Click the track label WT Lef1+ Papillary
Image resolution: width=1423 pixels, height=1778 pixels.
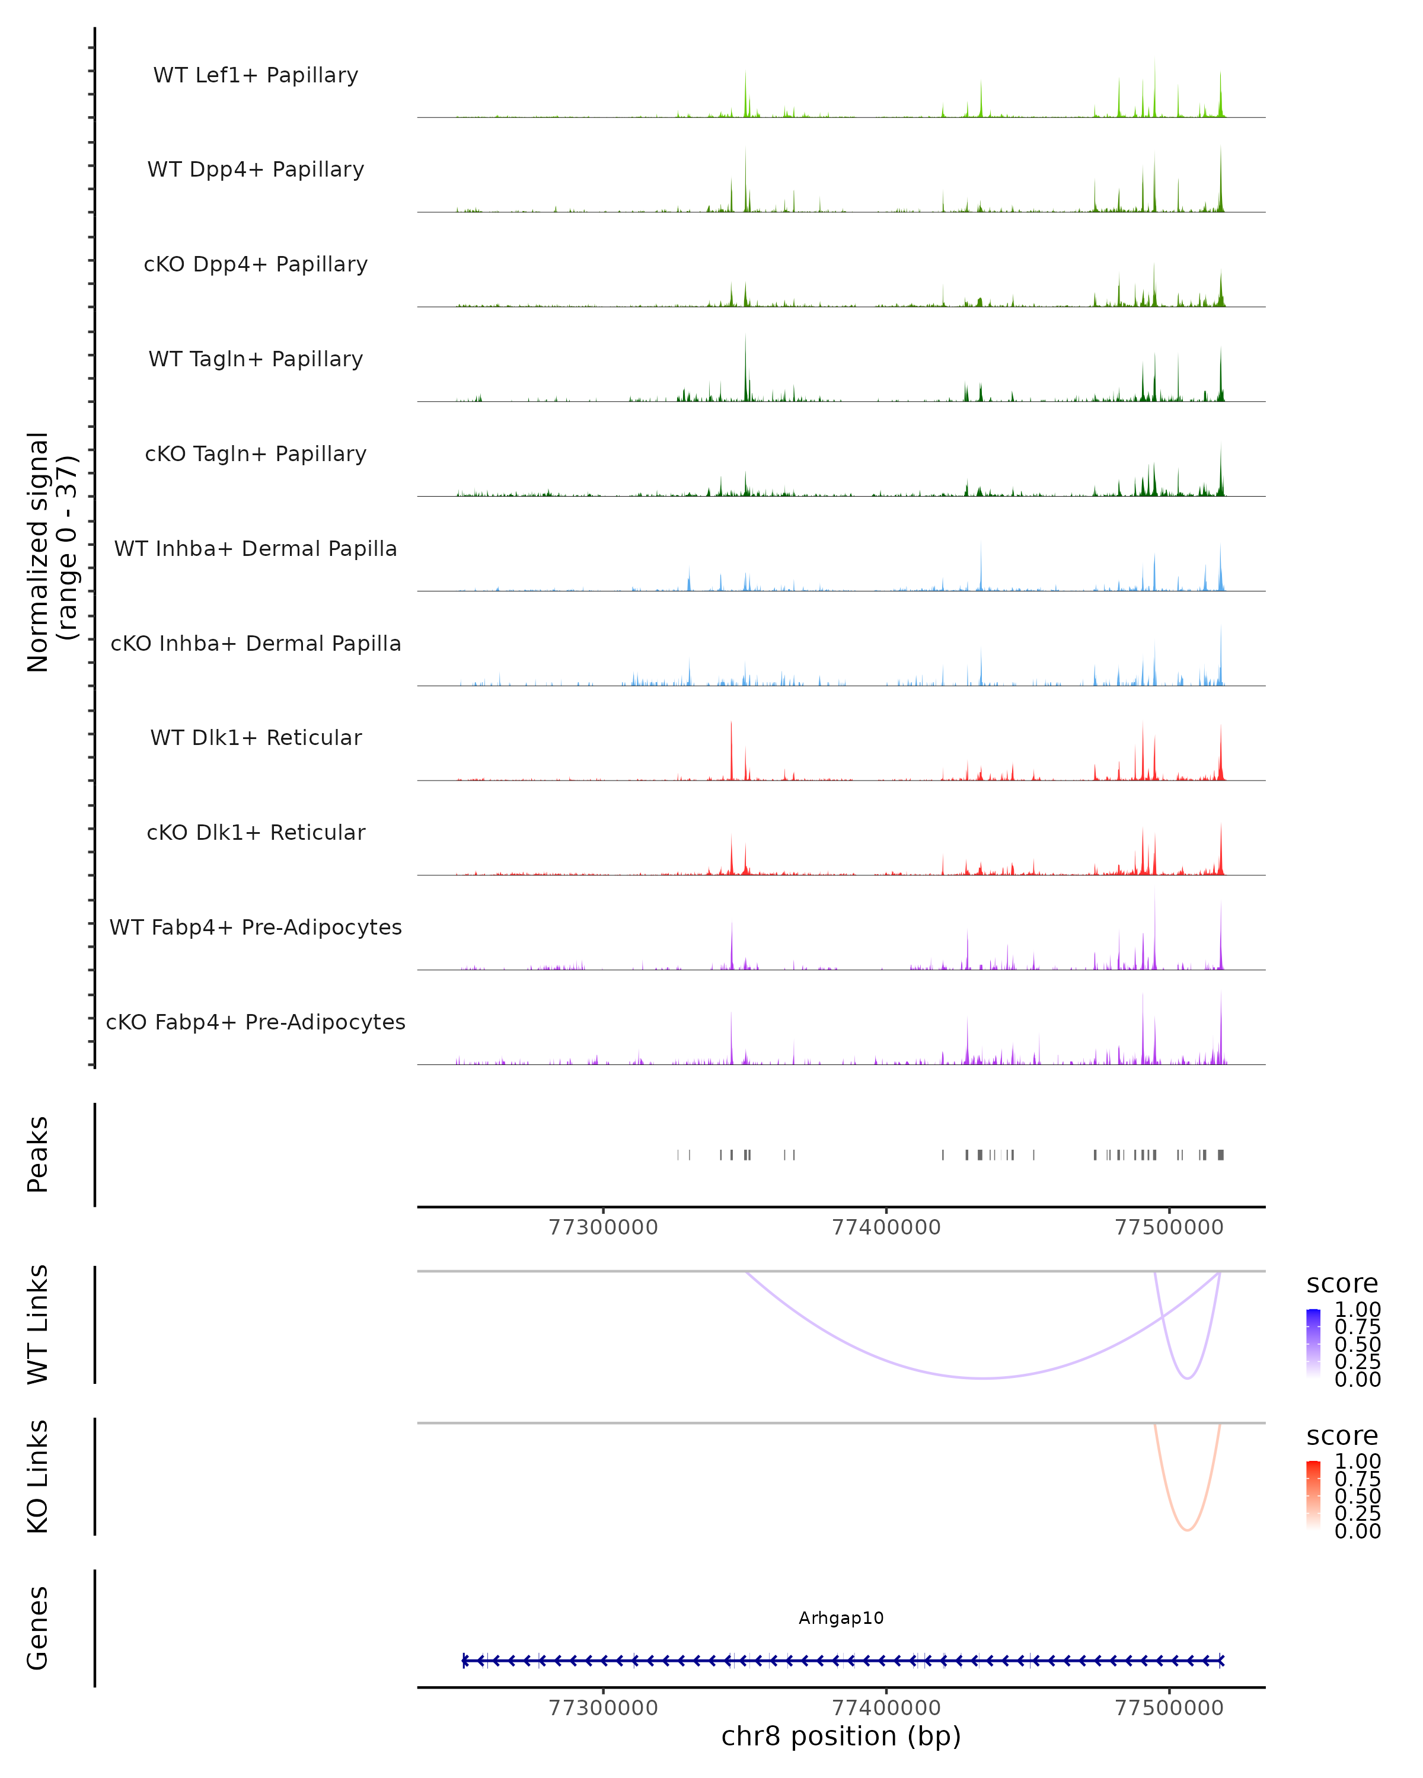pyautogui.click(x=256, y=75)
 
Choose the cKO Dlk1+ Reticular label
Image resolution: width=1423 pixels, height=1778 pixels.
pyautogui.click(x=256, y=832)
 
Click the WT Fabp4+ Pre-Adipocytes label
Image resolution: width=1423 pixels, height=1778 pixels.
pyautogui.click(x=256, y=927)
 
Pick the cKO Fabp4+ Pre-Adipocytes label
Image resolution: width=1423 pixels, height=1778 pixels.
pyautogui.click(x=256, y=1022)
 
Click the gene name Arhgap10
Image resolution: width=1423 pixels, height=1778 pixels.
pyautogui.click(x=841, y=1617)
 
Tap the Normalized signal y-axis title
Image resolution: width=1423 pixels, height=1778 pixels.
pyautogui.click(x=51, y=552)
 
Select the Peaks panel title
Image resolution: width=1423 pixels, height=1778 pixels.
pyautogui.click(x=38, y=1154)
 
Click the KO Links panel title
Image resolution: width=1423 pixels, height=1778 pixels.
pyautogui.click(x=38, y=1476)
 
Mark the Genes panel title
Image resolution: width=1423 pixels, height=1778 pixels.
pyautogui.click(x=38, y=1628)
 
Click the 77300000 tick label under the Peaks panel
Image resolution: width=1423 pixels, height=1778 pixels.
pyautogui.click(x=603, y=1227)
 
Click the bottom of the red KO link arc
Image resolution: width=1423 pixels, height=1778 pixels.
pyautogui.click(x=1187, y=1530)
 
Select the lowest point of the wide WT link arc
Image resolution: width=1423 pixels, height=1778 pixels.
pyautogui.click(x=982, y=1378)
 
